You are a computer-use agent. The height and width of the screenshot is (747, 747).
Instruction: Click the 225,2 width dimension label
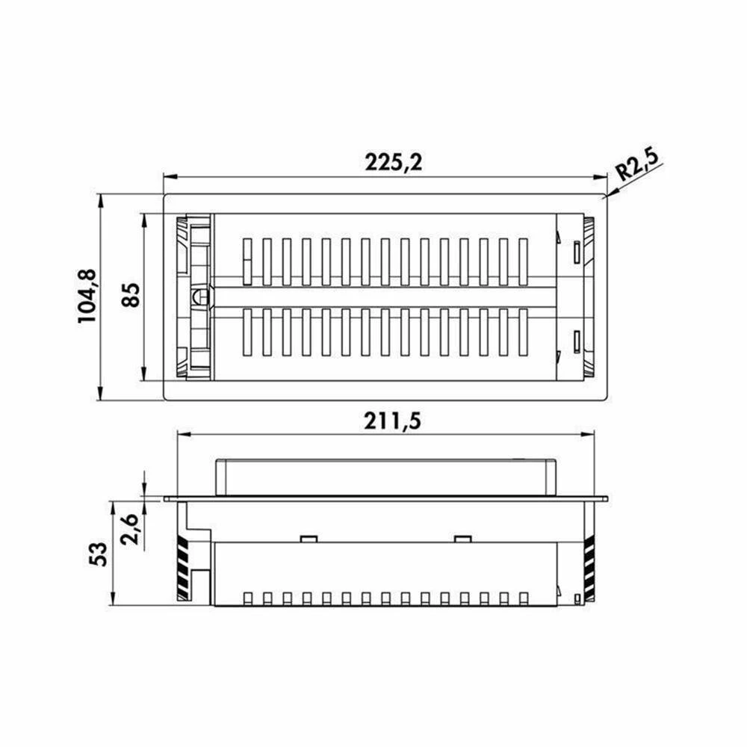(394, 162)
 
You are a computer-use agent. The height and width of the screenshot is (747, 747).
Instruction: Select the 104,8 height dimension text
(87, 297)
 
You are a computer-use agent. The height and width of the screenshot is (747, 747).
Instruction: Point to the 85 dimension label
(131, 295)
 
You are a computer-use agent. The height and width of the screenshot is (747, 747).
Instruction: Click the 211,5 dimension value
(393, 421)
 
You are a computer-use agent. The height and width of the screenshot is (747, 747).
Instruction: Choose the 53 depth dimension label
(99, 554)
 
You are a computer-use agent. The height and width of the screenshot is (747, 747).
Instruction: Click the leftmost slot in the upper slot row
(247, 261)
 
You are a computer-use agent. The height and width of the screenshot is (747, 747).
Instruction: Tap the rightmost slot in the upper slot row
(523, 261)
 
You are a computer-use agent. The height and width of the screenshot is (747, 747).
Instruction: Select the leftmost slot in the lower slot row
(247, 332)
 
